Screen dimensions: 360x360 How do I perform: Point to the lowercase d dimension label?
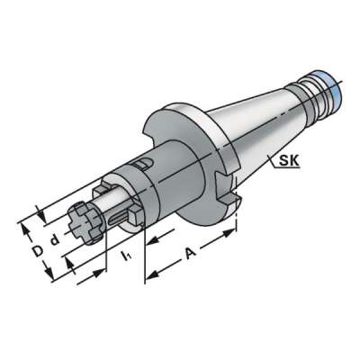tap(54, 238)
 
